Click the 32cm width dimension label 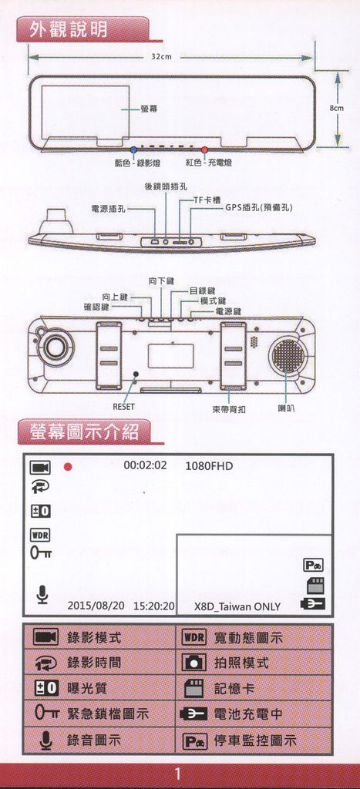point(161,57)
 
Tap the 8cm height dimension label point(337,108)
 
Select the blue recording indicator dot point(133,149)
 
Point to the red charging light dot point(205,149)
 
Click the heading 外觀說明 point(69,30)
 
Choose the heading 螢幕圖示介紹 point(83,431)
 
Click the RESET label point(123,406)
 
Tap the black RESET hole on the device point(136,374)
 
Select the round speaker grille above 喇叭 point(288,354)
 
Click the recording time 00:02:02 point(145,465)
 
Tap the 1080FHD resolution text point(209,466)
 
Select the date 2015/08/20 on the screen point(96,606)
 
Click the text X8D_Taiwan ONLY point(237,607)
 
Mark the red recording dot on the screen point(68,467)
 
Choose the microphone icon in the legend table point(45,740)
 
